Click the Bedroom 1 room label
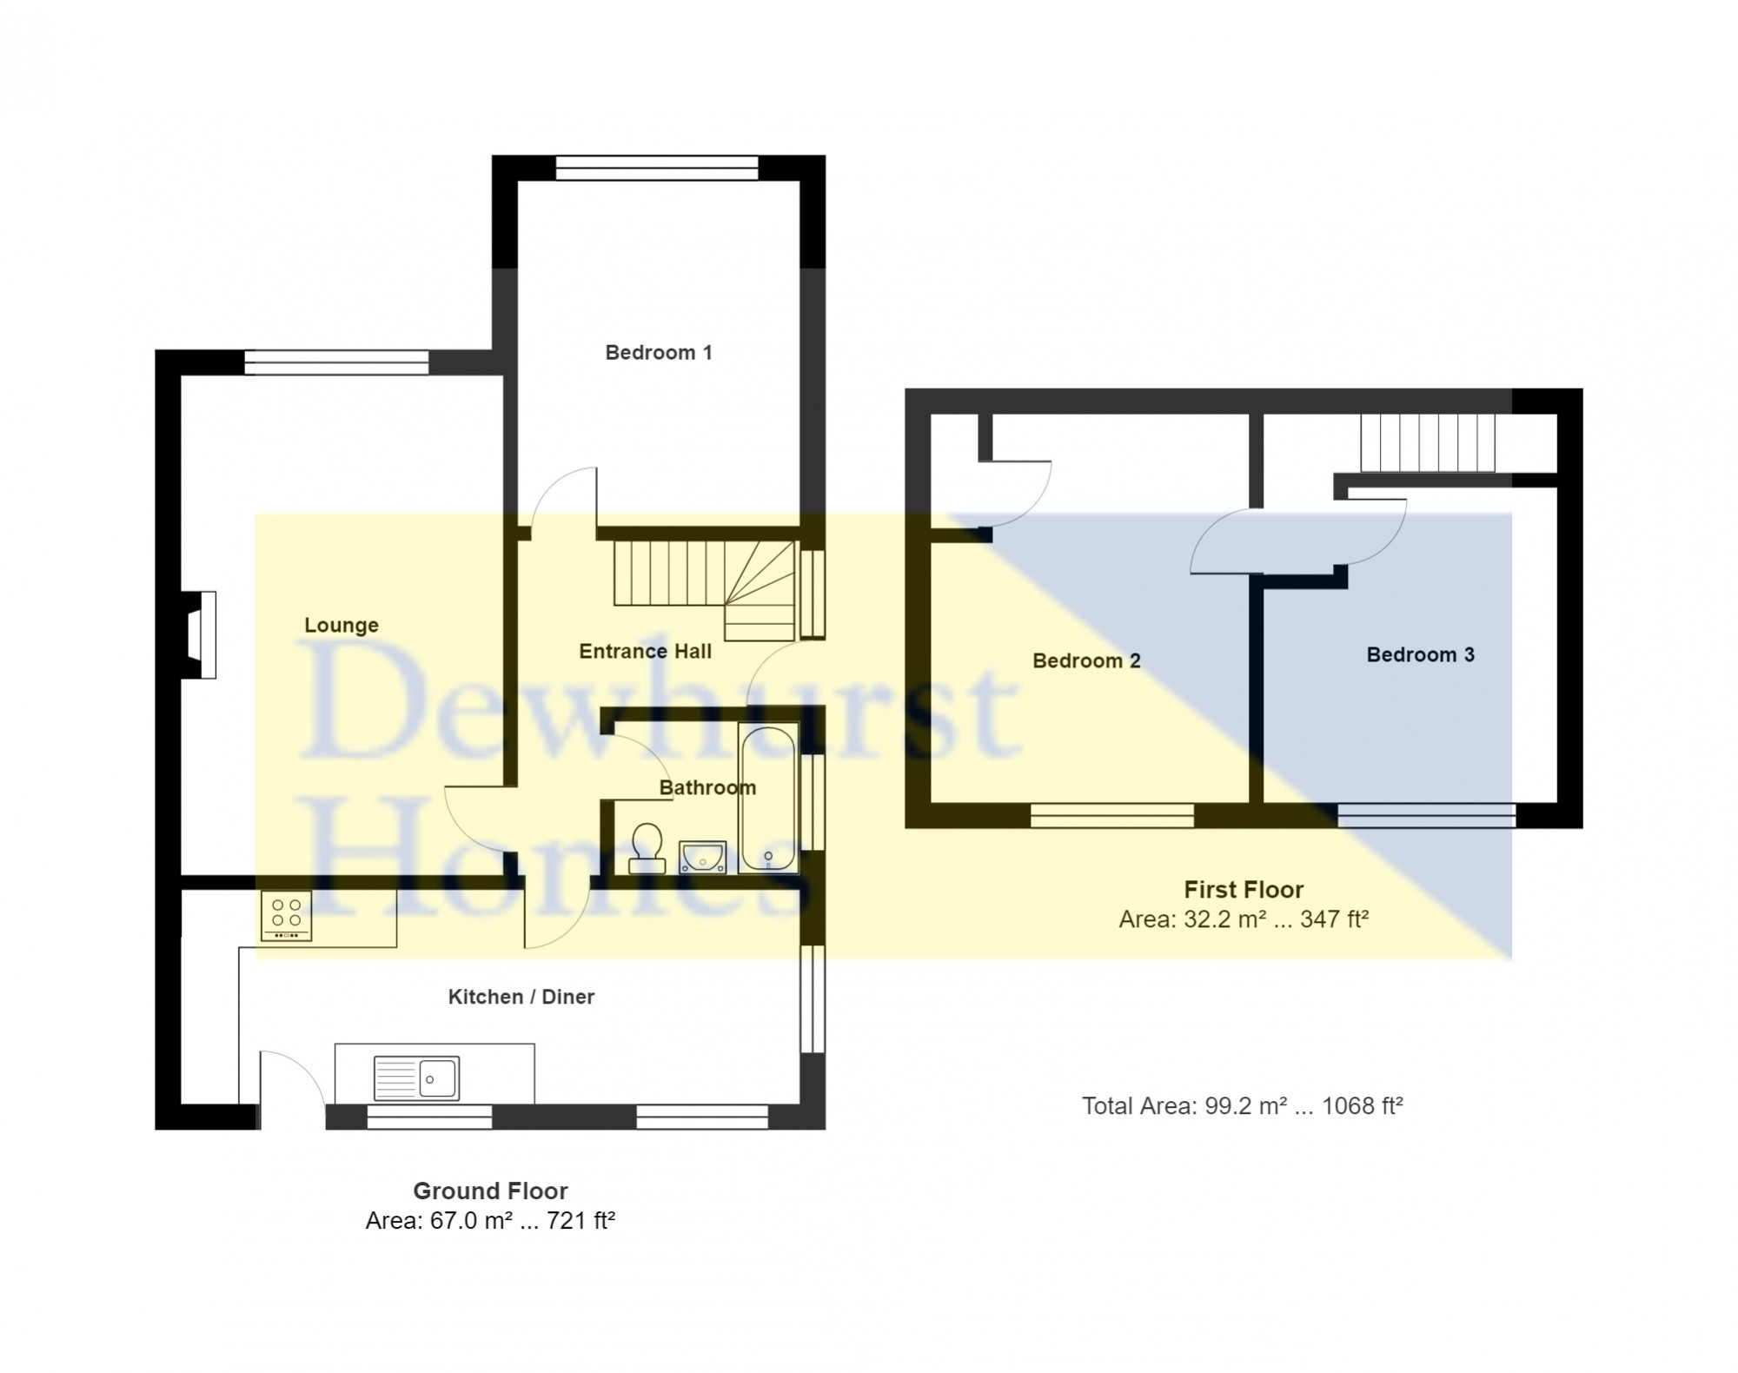click(x=659, y=352)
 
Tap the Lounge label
click(x=342, y=626)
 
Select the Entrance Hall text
click(x=646, y=651)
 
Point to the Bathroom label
click(x=707, y=787)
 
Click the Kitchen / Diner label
click(x=521, y=997)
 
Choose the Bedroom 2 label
click(x=1086, y=660)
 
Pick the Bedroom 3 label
click(x=1420, y=654)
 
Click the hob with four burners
click(x=286, y=915)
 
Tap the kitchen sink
click(x=416, y=1078)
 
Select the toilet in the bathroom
click(x=647, y=848)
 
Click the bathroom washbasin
click(x=702, y=856)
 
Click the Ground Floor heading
click(x=490, y=1191)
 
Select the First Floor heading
click(x=1244, y=889)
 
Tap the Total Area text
click(x=1243, y=1105)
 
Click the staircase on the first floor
click(x=1428, y=442)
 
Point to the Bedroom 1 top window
click(x=657, y=168)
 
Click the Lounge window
click(x=336, y=362)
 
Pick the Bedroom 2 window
click(x=1112, y=815)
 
